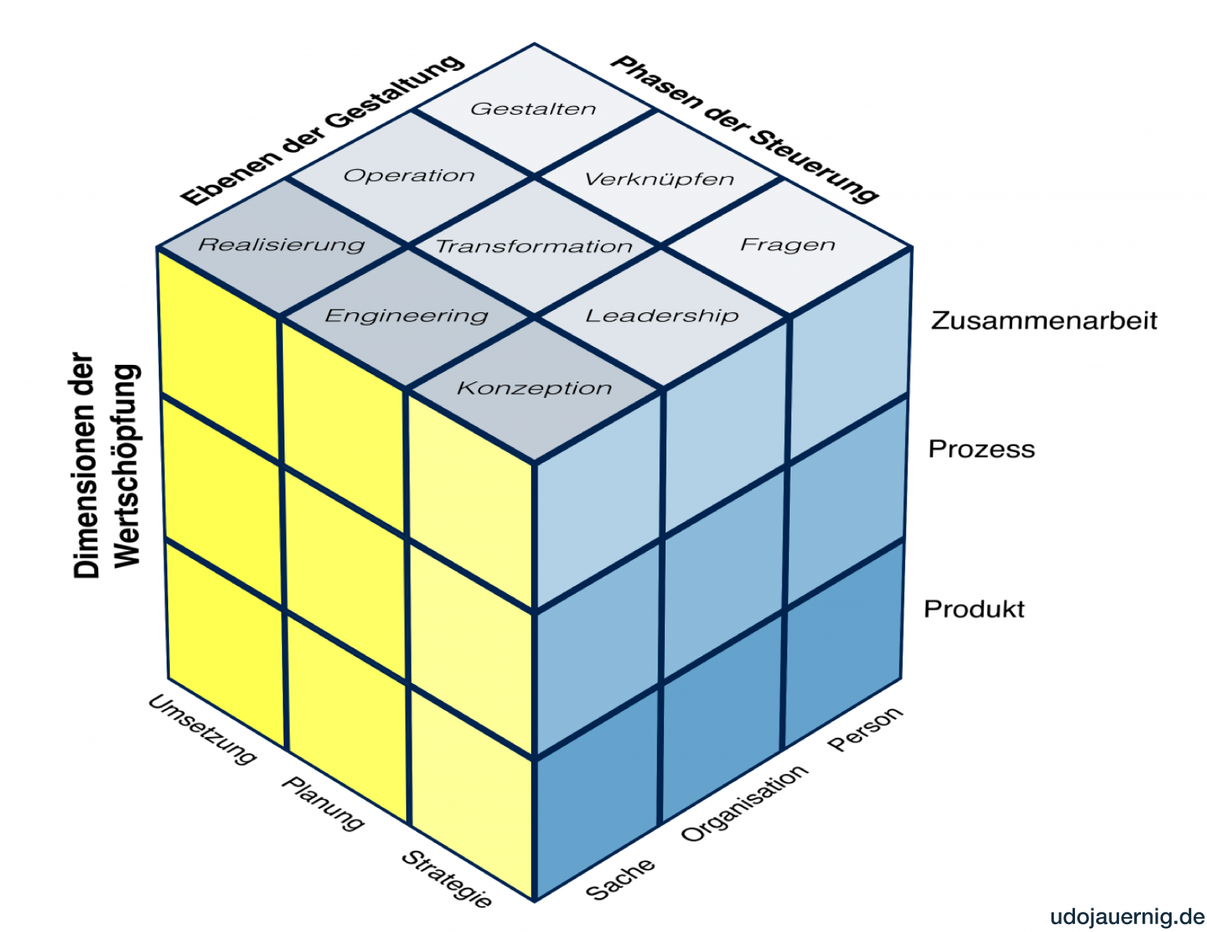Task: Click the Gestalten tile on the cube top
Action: click(534, 109)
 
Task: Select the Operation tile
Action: click(409, 175)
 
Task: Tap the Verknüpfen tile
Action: click(659, 179)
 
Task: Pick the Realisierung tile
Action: click(282, 245)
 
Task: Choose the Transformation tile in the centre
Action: click(534, 246)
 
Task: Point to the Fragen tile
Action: click(787, 245)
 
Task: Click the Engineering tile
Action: click(407, 315)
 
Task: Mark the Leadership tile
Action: click(662, 315)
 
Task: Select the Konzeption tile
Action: click(534, 388)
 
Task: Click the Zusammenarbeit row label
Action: click(1044, 321)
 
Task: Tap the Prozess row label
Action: click(981, 449)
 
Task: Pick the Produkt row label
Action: click(974, 609)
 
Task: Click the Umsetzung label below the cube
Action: click(202, 729)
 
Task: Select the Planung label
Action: click(323, 803)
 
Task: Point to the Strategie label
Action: click(446, 879)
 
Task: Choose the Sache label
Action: click(620, 879)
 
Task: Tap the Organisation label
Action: click(743, 803)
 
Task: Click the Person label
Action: click(865, 729)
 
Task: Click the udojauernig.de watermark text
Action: click(1127, 917)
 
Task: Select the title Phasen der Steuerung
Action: click(743, 129)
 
